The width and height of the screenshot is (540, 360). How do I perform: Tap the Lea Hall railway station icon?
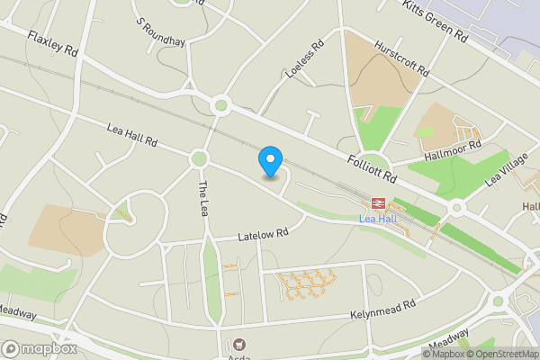pyautogui.click(x=379, y=203)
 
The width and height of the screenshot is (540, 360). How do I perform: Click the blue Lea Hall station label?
pyautogui.click(x=378, y=219)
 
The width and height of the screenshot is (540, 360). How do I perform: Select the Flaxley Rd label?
pyautogui.click(x=52, y=44)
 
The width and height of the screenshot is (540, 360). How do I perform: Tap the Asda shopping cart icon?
pyautogui.click(x=239, y=344)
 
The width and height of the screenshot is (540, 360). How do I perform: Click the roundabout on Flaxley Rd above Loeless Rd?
pyautogui.click(x=220, y=106)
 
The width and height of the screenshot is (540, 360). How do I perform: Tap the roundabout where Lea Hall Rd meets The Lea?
pyautogui.click(x=199, y=158)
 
